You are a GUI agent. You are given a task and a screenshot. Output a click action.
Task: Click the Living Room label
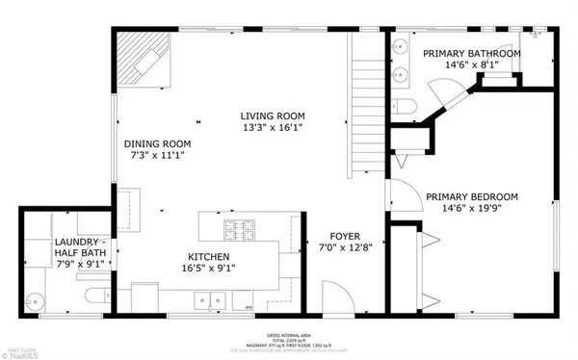tap(273, 116)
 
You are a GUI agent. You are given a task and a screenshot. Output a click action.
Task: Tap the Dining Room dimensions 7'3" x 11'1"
tap(157, 154)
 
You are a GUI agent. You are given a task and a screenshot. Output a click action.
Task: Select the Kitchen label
tap(207, 257)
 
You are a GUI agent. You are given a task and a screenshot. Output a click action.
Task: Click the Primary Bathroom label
tap(469, 53)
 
